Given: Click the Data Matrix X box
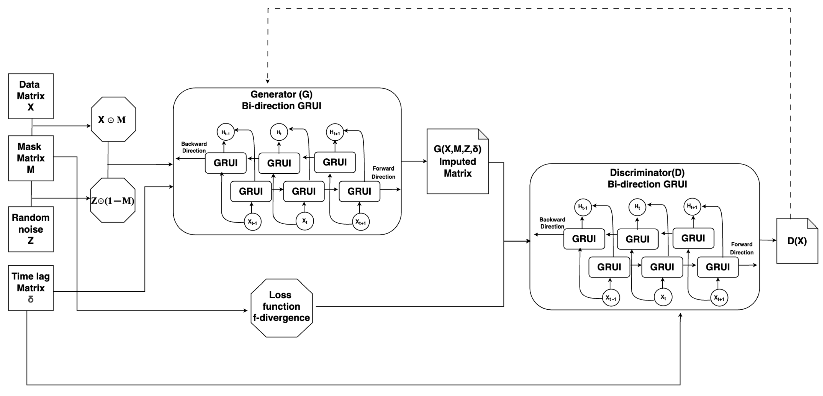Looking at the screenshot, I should click(x=31, y=96).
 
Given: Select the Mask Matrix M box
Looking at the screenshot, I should click(x=31, y=158).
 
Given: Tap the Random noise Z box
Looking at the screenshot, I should click(x=31, y=229).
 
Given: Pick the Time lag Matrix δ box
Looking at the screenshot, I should click(x=31, y=288).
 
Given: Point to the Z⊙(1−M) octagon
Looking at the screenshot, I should click(x=113, y=201).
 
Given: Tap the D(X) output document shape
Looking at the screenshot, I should click(x=797, y=241).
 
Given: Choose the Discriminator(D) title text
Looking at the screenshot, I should click(x=647, y=173).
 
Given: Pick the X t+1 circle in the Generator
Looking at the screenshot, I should click(x=361, y=222).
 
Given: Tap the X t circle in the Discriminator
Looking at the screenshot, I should click(x=663, y=297).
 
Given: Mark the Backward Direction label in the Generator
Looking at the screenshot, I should click(x=194, y=147).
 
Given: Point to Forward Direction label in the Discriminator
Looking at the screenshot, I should click(x=742, y=248).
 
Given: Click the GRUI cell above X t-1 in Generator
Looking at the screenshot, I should click(x=251, y=191).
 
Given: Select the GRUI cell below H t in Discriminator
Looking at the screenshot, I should click(x=637, y=239).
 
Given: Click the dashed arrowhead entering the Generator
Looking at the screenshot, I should click(x=268, y=81).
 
